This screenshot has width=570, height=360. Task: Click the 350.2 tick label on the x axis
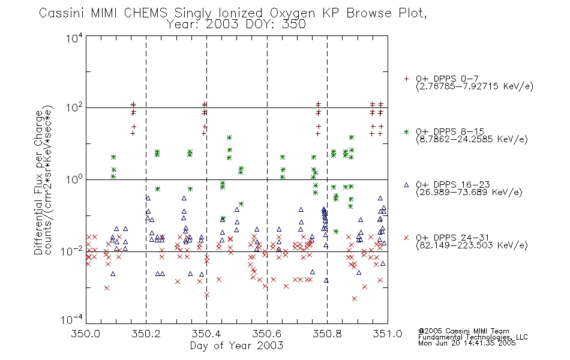coord(146,334)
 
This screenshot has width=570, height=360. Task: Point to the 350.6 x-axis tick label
coord(267,334)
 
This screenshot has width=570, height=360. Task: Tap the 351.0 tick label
coord(388,334)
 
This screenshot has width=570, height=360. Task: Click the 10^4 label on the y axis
coord(74,38)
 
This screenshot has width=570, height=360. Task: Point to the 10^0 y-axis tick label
coord(74,179)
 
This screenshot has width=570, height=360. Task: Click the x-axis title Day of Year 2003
coord(236,346)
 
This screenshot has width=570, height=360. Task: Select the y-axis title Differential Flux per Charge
coord(38,182)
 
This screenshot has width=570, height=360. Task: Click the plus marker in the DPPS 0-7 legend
coord(406,79)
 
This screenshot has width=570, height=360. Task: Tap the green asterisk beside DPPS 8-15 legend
coord(406,131)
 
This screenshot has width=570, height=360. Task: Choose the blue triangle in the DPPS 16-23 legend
coord(406,185)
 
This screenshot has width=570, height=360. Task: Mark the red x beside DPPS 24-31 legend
coord(406,238)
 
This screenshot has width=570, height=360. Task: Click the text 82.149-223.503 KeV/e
coord(472,245)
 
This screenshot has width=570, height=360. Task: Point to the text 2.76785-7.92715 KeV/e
coord(475,86)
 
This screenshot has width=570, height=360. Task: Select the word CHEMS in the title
coord(145,13)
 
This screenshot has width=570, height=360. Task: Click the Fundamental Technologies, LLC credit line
coord(473,337)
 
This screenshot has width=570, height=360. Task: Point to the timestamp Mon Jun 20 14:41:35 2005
coord(467,343)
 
